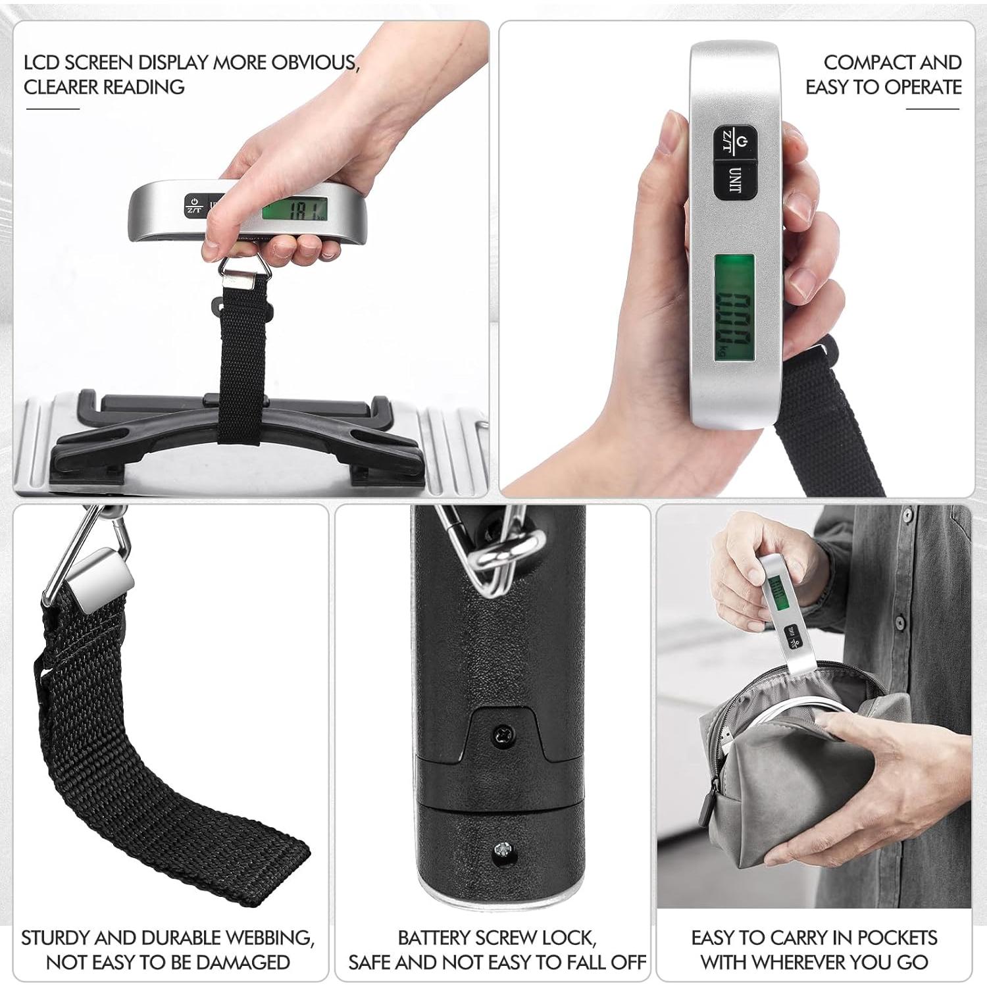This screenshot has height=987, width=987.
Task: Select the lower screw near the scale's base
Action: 503,851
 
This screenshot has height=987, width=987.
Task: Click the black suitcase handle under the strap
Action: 237,434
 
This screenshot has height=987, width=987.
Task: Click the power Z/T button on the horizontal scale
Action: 194,205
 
